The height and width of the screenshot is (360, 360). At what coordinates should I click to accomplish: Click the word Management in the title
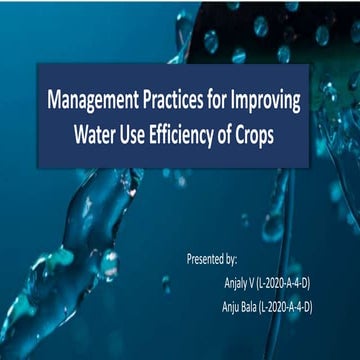tap(98, 101)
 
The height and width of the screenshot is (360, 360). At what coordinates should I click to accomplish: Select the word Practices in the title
tap(184, 101)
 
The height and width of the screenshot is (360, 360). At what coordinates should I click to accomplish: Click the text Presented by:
tap(212, 257)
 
